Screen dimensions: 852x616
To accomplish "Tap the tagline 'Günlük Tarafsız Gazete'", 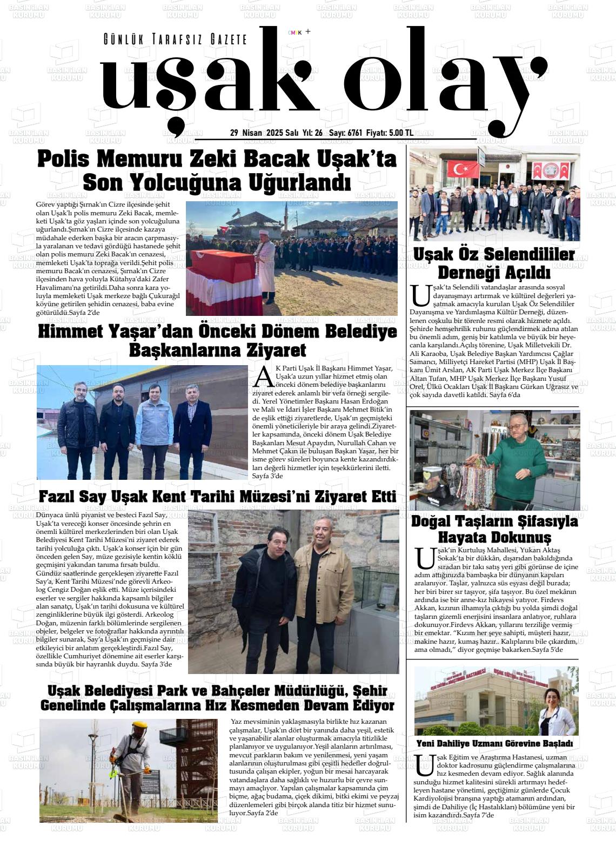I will pyautogui.click(x=175, y=39).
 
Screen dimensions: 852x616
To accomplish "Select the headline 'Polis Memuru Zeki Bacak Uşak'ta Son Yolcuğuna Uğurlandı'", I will pyautogui.click(x=217, y=170).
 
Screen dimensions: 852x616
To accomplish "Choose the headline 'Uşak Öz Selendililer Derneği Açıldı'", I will pyautogui.click(x=493, y=262).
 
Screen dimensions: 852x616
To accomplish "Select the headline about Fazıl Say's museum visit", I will pyautogui.click(x=217, y=496).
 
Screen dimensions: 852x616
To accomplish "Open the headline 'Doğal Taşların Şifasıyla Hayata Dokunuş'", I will pyautogui.click(x=494, y=529).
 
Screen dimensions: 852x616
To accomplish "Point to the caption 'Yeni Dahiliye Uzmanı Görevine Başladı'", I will pyautogui.click(x=494, y=743).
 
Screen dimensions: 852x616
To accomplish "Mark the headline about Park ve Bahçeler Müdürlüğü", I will pyautogui.click(x=217, y=698).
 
